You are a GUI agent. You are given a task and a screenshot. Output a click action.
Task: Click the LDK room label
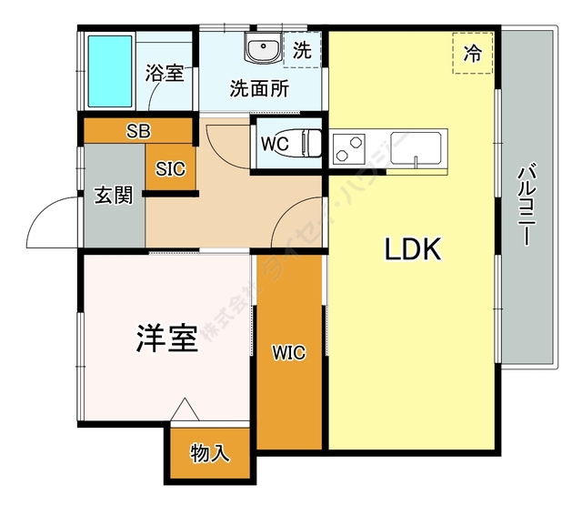(412, 248)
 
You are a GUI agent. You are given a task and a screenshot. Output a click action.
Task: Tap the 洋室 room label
(166, 338)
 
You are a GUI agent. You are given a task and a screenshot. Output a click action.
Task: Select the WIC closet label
(289, 353)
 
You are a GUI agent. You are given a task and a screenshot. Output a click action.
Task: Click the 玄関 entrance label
(113, 196)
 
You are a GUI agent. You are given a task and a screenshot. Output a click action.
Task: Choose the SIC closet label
(170, 168)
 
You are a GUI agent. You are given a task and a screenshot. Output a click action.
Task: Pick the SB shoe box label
(138, 131)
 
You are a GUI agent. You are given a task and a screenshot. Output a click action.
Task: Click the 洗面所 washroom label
(259, 89)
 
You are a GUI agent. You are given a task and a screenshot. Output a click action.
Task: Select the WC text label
(275, 144)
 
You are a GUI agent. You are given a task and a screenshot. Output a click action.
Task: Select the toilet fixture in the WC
(309, 144)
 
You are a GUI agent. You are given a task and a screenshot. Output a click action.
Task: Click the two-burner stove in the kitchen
(350, 147)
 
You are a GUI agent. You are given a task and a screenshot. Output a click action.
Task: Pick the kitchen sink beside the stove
(415, 148)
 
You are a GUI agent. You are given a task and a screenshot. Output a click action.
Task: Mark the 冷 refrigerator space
(473, 54)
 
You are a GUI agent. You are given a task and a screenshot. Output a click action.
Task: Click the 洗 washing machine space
(302, 51)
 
